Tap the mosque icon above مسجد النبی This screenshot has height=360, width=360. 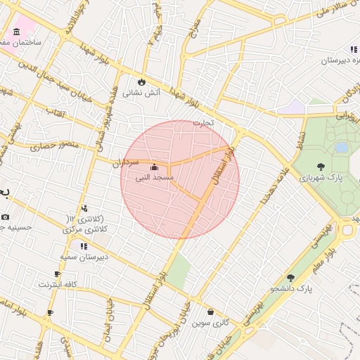[x=154, y=167]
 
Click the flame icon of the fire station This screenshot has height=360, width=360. [x=143, y=82]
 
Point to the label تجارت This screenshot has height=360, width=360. [x=203, y=123]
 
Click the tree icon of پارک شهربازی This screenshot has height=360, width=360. [x=321, y=167]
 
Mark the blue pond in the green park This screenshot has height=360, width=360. [x=342, y=148]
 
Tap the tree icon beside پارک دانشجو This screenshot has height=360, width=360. [x=290, y=278]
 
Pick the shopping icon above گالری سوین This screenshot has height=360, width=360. [x=210, y=311]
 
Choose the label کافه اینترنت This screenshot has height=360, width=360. [x=58, y=285]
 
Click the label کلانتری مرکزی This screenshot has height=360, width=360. [x=85, y=229]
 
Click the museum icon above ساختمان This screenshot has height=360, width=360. [x=16, y=32]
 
